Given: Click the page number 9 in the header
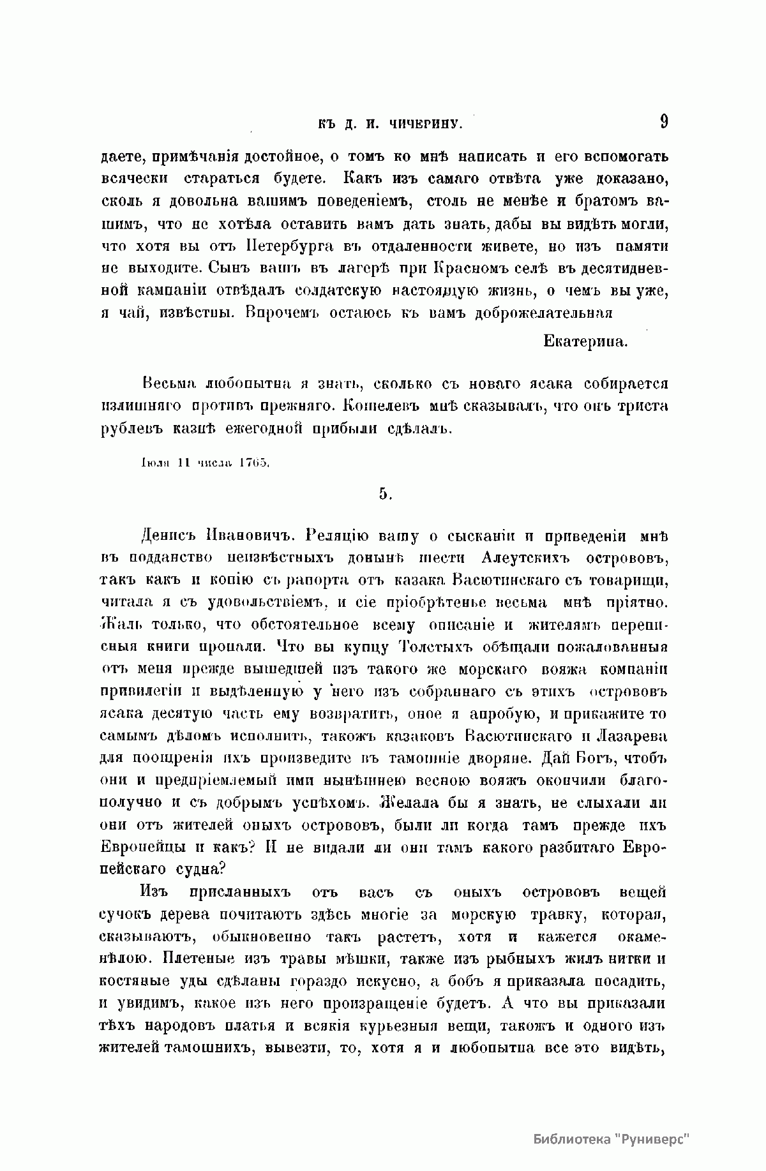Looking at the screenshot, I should pos(664,121).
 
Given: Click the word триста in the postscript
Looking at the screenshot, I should pos(641,406).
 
